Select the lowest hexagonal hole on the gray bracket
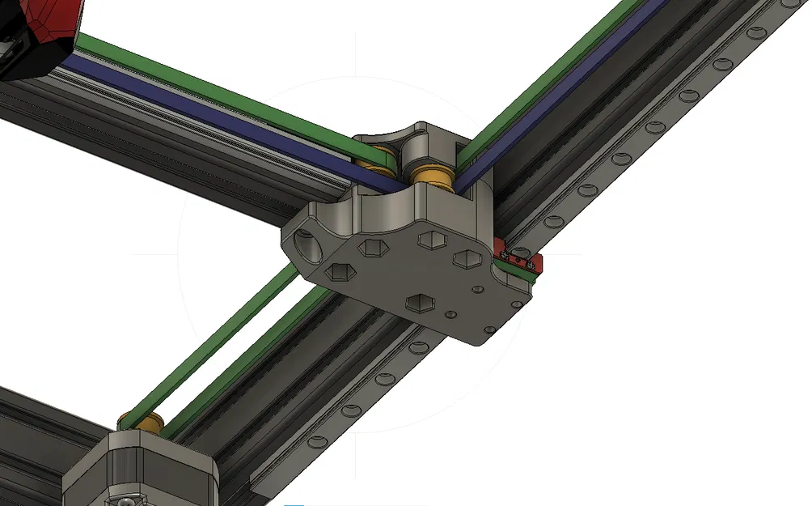click(x=418, y=302)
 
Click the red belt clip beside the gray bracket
click(x=518, y=257)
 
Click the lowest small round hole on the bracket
click(x=489, y=330)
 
